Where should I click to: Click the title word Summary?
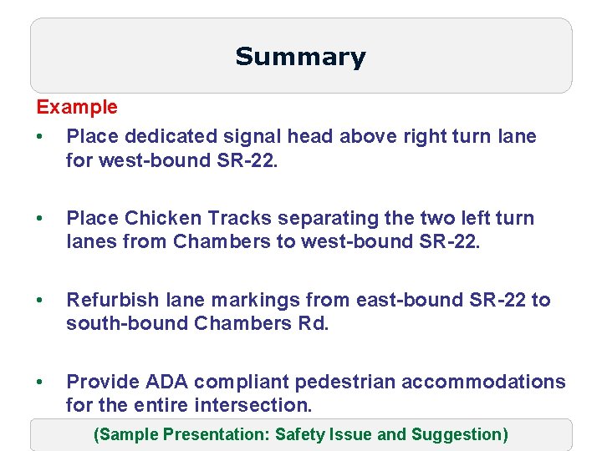coord(300,57)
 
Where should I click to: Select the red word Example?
coord(77,108)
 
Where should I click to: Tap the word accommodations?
coord(483,382)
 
